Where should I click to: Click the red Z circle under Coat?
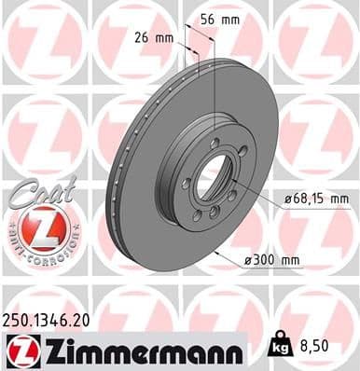point(38,227)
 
